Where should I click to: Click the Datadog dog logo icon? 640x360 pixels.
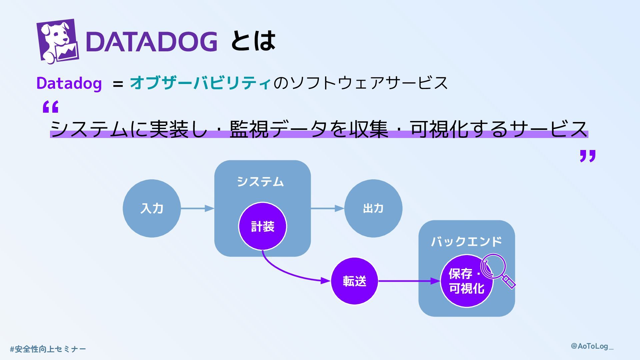[x=57, y=41]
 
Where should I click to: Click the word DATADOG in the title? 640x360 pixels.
[x=151, y=42]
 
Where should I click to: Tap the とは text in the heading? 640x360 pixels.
[x=253, y=41]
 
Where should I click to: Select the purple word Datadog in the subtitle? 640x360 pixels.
[x=69, y=83]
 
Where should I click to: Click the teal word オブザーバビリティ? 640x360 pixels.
[x=200, y=83]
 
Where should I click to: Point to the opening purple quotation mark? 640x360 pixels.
[x=51, y=107]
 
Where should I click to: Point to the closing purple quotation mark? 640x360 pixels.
[x=587, y=156]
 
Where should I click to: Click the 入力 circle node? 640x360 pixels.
[x=152, y=208]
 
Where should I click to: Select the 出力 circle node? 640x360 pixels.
[x=373, y=208]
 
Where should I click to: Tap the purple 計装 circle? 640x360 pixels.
[x=262, y=227]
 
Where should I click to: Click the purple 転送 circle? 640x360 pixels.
[x=354, y=281]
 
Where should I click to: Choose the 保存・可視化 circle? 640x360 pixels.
[x=466, y=281]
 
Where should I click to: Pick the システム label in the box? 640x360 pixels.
[x=260, y=182]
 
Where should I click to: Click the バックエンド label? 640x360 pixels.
[x=466, y=241]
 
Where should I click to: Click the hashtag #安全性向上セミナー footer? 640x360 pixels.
[x=48, y=349]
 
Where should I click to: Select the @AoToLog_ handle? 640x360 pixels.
[x=592, y=346]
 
